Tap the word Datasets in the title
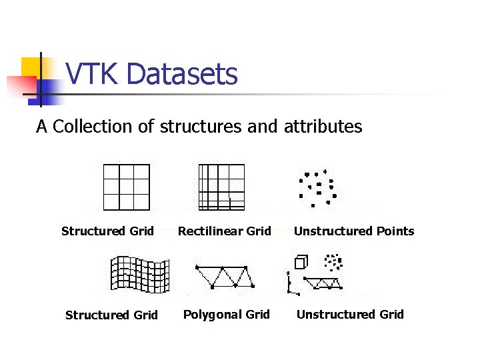coord(181,74)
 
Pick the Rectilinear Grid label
coord(224,231)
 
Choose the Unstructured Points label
coord(354,231)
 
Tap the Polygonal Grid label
coord(227,315)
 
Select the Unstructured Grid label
coord(350,315)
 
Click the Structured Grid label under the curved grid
coord(111,315)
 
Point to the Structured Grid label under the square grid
coord(107,231)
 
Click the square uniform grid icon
coord(127,187)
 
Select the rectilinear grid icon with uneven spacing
coord(222,187)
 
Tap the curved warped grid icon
coord(139,273)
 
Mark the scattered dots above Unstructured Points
coord(318,187)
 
